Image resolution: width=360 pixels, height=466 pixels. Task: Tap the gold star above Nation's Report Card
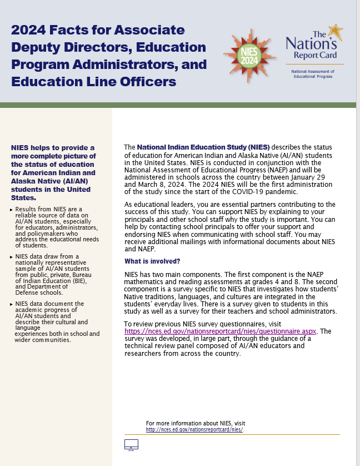point(335,32)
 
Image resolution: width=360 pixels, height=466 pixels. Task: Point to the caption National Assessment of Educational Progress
point(313,74)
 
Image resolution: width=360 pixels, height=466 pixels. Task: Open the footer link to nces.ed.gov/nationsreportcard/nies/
point(194,430)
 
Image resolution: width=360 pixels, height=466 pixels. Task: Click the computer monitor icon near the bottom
point(131,444)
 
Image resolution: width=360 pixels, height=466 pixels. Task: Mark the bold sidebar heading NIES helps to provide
point(53,172)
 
